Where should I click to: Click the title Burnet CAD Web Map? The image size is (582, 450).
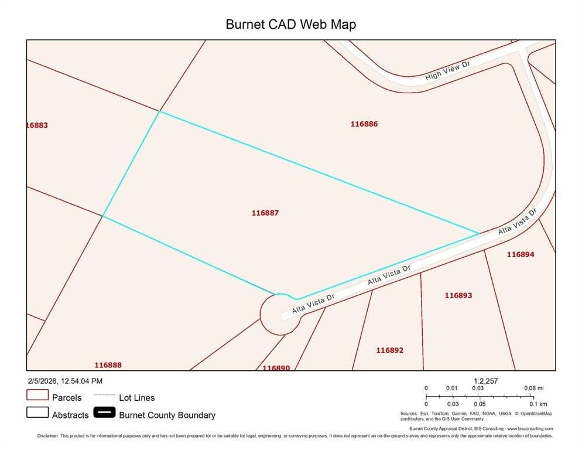coord(290,25)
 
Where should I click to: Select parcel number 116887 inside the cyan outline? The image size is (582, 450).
coord(265,213)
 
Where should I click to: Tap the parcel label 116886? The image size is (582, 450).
coord(364,124)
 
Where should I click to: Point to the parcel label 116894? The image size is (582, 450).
coord(520,254)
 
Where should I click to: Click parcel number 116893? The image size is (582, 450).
coord(458,295)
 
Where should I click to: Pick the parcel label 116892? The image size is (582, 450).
coord(389,350)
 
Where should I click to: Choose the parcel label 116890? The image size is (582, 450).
coord(276,367)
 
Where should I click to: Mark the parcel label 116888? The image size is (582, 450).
coord(108,365)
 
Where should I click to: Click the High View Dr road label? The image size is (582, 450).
coord(448,70)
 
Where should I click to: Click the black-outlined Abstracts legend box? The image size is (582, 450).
coord(37,412)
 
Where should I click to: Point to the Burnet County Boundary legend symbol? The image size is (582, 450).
coord(105,413)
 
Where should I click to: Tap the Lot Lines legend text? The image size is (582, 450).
coord(136,398)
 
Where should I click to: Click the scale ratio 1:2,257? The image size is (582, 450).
coord(485,381)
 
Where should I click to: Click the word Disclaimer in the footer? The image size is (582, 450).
coord(49,436)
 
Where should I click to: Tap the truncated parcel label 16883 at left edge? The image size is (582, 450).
coord(37,125)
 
